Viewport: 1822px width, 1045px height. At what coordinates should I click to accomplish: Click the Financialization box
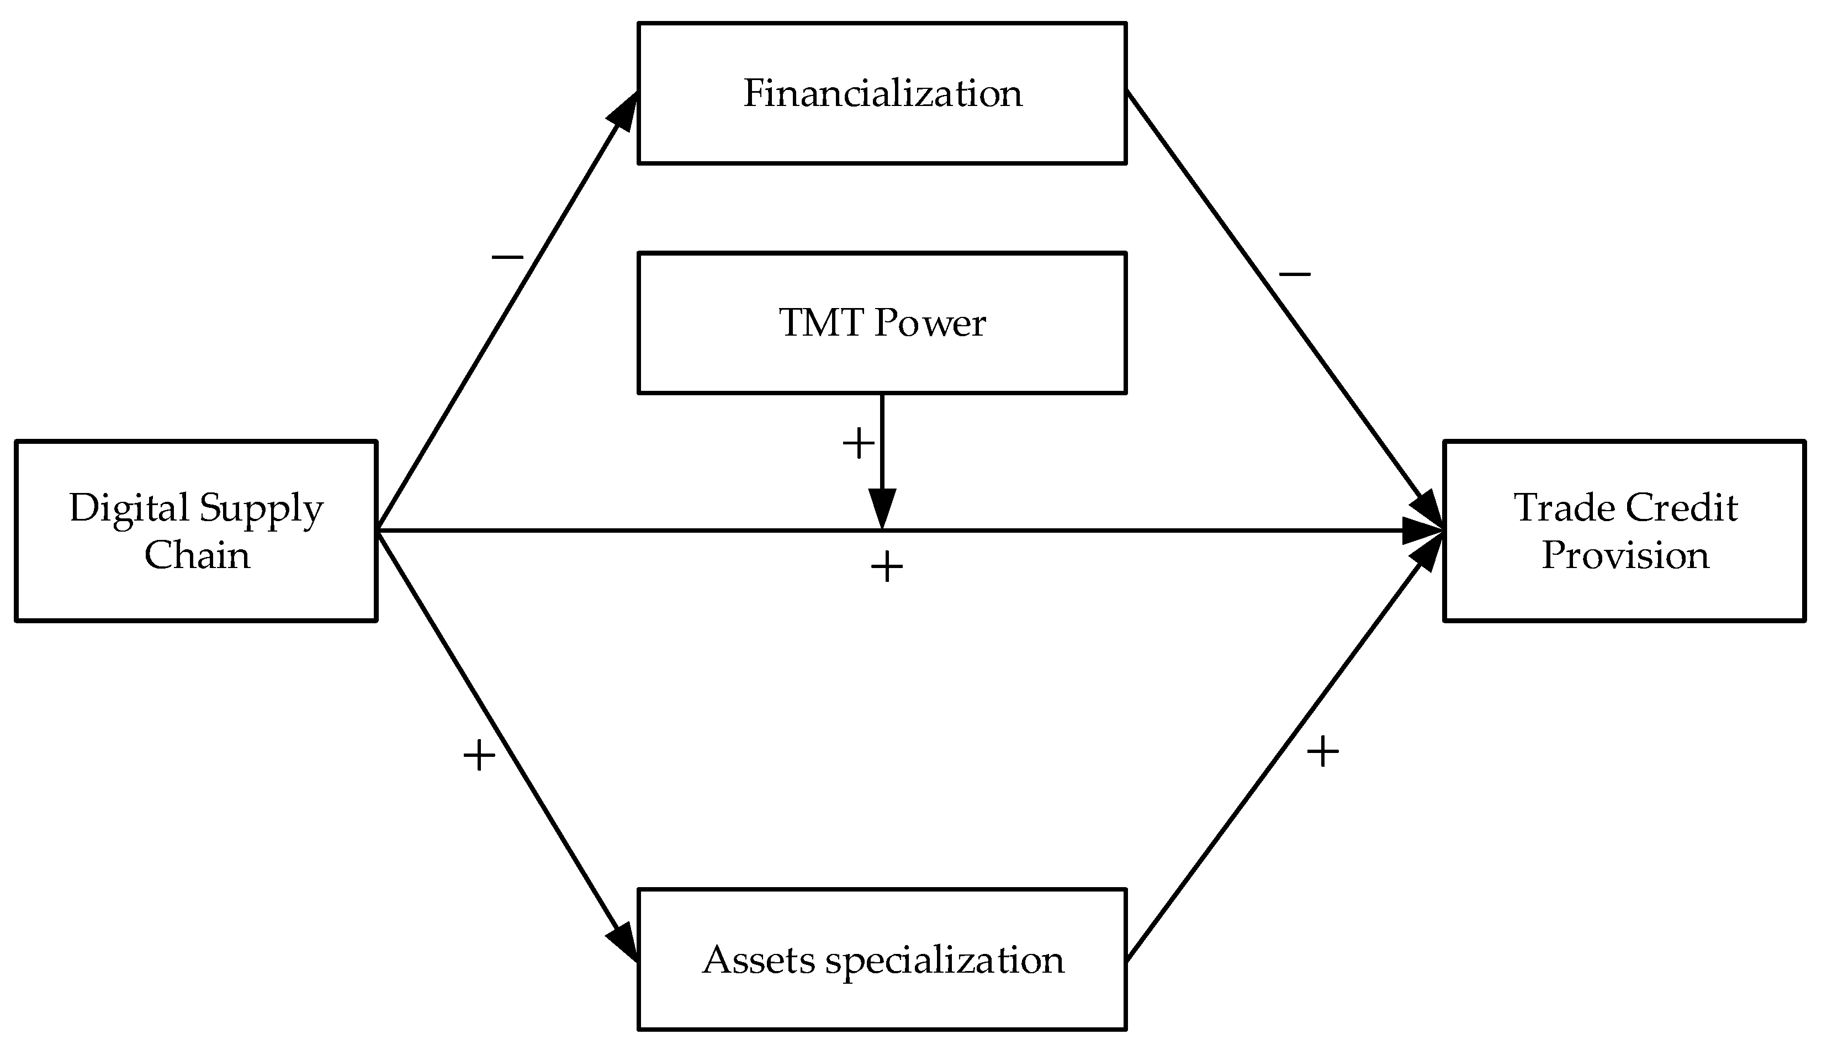(x=881, y=93)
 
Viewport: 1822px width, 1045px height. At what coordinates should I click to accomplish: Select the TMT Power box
(x=881, y=322)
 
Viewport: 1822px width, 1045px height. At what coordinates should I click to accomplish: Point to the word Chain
(x=197, y=555)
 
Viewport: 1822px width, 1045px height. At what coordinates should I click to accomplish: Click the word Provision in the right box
(x=1625, y=555)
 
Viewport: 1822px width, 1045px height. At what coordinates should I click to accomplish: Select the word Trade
(x=1564, y=507)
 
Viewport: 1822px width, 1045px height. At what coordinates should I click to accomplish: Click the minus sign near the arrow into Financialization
(x=507, y=256)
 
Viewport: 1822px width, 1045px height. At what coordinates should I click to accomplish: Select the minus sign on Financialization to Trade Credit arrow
(x=1295, y=273)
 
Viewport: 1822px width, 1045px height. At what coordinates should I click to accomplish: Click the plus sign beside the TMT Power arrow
(x=858, y=443)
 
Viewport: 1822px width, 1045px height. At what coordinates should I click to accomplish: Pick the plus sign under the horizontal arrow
(x=886, y=567)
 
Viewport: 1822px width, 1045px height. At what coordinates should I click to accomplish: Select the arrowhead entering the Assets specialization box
(x=623, y=940)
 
